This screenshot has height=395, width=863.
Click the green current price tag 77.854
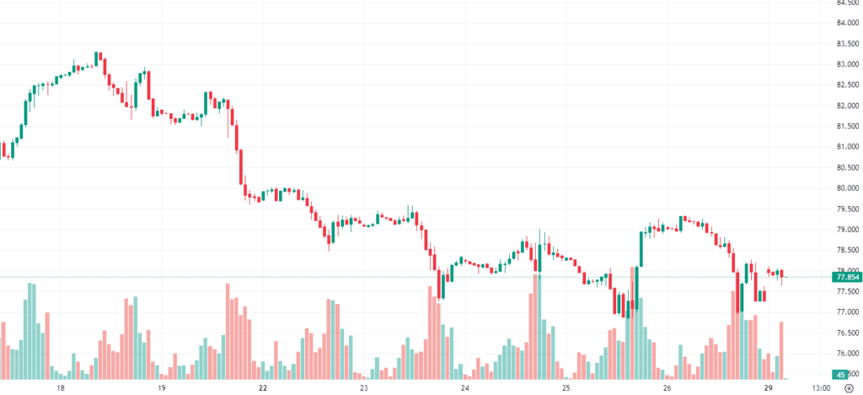[845, 277]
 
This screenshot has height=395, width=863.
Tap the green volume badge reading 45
[840, 375]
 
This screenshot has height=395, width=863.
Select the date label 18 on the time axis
[61, 388]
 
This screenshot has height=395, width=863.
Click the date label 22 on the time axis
[263, 388]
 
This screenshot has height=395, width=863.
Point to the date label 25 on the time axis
[566, 388]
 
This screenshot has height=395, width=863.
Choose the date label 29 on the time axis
[769, 388]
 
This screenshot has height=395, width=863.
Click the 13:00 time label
[820, 388]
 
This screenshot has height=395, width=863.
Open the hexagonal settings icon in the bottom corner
[849, 388]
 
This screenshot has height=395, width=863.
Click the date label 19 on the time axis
[162, 388]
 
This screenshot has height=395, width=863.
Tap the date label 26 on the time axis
[667, 388]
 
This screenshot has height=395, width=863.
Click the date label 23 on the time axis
[364, 388]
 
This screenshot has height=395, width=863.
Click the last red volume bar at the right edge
[782, 349]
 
